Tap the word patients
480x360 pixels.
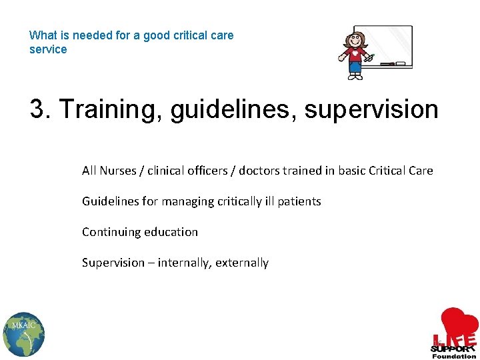[x=299, y=201]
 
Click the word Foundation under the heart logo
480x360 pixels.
[x=454, y=356]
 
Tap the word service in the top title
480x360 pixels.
[x=48, y=49]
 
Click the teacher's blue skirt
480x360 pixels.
[x=354, y=67]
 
